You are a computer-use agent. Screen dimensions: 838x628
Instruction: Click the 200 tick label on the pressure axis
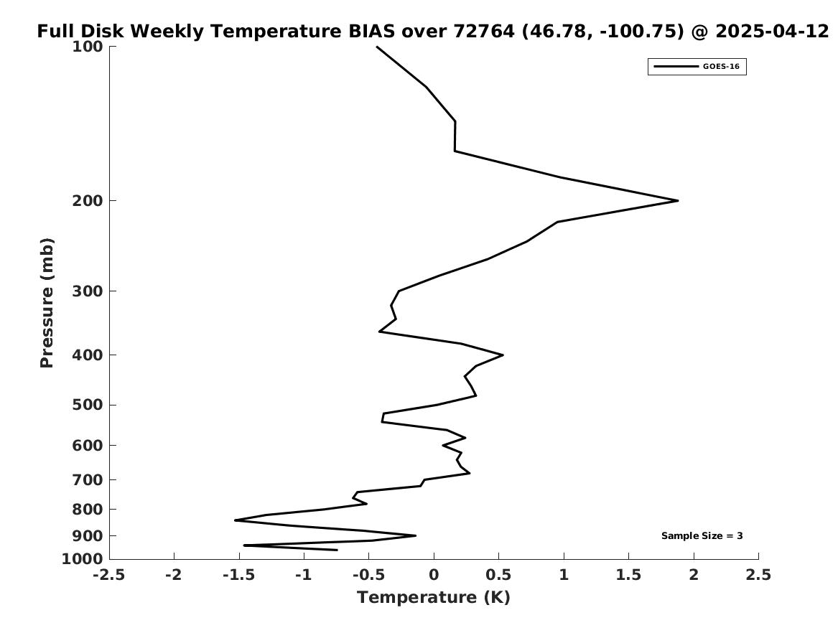(x=87, y=201)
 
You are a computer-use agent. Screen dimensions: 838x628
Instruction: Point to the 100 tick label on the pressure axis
(x=87, y=47)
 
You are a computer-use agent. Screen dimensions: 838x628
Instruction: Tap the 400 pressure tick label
(x=87, y=355)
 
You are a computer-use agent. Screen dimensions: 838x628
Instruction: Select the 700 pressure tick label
(x=87, y=479)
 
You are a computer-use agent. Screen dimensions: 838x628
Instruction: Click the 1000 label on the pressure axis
(x=83, y=558)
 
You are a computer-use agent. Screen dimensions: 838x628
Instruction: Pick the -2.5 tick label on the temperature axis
(x=109, y=575)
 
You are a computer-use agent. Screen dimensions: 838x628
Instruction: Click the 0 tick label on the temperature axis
(x=434, y=575)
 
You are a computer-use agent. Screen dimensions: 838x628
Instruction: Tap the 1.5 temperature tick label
(x=628, y=575)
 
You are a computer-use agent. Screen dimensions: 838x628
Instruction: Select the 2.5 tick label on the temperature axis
(x=758, y=575)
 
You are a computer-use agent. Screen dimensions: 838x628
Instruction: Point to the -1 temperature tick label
(x=304, y=575)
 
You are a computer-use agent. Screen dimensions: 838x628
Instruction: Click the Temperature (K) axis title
(x=434, y=597)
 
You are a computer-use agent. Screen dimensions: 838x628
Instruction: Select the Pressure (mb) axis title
(x=47, y=303)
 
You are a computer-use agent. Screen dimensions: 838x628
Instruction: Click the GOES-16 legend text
(x=721, y=66)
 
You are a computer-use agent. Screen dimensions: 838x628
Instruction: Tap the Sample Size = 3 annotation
(x=702, y=535)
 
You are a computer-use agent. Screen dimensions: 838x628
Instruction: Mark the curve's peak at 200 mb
(x=678, y=201)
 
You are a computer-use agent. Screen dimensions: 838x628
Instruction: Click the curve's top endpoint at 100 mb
(x=377, y=47)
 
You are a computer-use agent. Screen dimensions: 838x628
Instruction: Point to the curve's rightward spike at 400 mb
(x=503, y=355)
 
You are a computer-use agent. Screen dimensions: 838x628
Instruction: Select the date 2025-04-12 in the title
(x=772, y=31)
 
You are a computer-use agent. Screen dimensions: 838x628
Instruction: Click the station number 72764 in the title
(x=484, y=31)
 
